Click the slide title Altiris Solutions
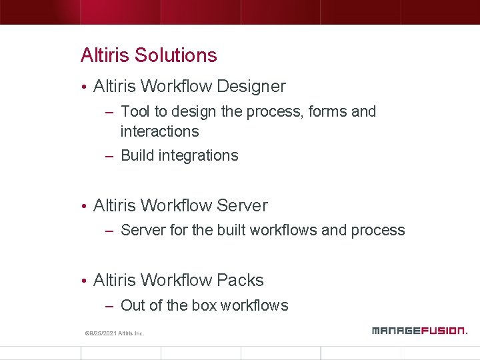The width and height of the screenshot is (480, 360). tap(149, 55)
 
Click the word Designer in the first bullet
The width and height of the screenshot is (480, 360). tap(251, 87)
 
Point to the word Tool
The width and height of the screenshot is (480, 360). tap(135, 112)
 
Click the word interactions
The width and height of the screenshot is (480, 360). tap(159, 131)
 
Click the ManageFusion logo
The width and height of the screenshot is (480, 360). tap(419, 330)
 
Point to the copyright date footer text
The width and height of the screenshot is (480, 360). tap(114, 333)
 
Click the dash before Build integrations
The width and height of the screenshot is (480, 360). tap(110, 156)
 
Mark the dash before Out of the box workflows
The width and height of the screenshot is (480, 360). tap(110, 306)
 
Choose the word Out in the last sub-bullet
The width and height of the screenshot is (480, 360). tap(133, 306)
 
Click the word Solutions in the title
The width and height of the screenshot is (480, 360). tap(176, 55)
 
